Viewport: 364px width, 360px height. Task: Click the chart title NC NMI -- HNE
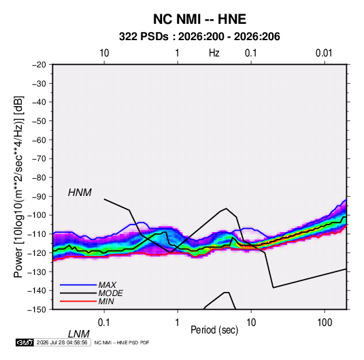[199, 19]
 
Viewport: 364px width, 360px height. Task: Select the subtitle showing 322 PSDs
[199, 37]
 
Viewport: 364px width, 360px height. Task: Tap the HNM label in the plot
[80, 193]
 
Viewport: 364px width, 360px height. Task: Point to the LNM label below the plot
[79, 334]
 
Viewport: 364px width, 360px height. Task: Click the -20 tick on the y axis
[39, 65]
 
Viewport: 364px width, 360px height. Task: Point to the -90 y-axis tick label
[39, 197]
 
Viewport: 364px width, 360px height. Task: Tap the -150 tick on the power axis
[37, 310]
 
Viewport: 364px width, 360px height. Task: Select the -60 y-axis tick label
[39, 140]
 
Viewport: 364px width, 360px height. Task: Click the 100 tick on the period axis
[325, 322]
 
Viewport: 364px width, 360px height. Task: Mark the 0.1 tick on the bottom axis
[104, 322]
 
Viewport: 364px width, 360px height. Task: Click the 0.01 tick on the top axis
[324, 53]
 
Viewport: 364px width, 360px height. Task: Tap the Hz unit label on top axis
[214, 53]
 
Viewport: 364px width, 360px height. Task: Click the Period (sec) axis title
[214, 330]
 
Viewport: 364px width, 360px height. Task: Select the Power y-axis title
[18, 187]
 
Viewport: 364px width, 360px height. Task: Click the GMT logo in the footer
[24, 342]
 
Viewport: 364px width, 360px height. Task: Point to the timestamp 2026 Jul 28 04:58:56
[62, 342]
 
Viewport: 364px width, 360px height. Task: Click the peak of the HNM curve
[226, 208]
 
